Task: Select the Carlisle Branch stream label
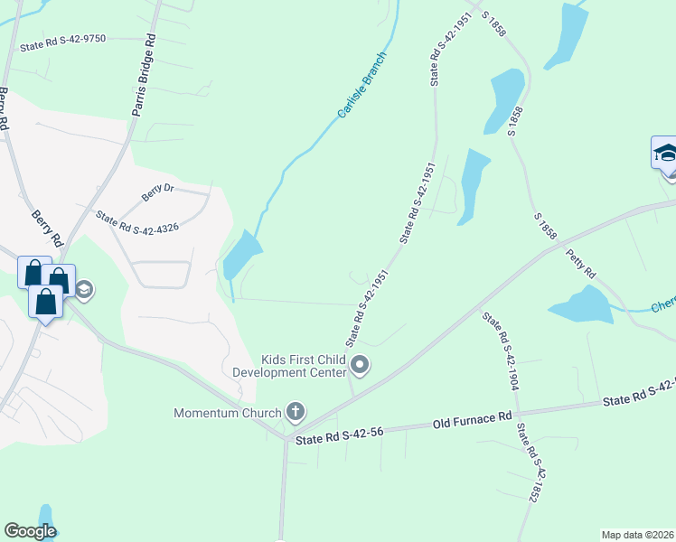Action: [x=361, y=86]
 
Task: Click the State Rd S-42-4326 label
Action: [x=137, y=222]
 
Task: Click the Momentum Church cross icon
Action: [x=295, y=413]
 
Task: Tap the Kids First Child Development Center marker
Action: [x=360, y=366]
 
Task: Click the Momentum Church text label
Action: [x=229, y=413]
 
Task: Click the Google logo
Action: [x=30, y=531]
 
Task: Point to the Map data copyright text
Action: [x=638, y=535]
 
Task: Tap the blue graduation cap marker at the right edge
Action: [x=665, y=153]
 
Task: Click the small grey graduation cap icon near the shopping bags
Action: [x=84, y=290]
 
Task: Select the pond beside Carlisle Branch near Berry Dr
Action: [x=241, y=255]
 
